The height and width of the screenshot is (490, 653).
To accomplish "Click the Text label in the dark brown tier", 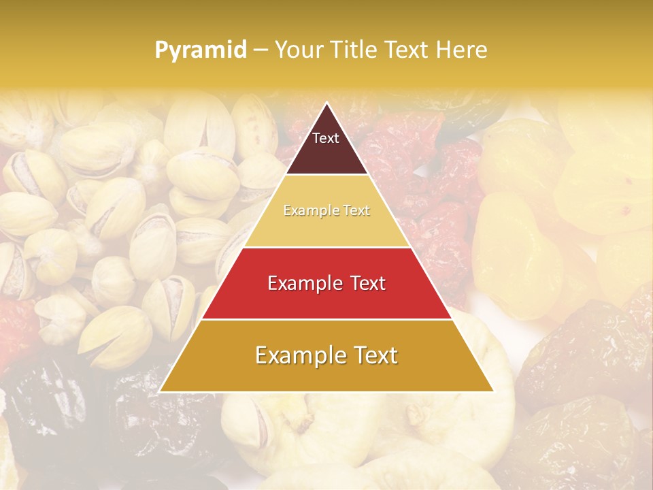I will (326, 138).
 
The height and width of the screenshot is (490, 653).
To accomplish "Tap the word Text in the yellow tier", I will (357, 211).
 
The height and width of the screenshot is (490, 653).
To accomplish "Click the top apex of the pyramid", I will (326, 103).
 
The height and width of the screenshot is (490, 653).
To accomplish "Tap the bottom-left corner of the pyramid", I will (160, 391).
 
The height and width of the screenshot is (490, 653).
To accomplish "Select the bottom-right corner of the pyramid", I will (493, 391).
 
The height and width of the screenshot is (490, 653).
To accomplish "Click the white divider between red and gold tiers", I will (326, 319).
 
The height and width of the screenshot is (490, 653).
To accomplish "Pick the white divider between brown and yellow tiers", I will (326, 175).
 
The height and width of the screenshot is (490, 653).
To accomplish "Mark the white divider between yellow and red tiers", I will (326, 247).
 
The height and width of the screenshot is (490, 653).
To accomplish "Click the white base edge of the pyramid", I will (326, 392).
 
